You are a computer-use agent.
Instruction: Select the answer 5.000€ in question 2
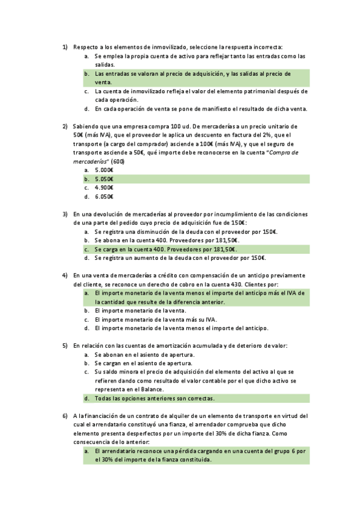[104, 170]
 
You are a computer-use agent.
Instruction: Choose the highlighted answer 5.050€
[104, 179]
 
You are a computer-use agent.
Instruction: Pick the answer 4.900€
[104, 188]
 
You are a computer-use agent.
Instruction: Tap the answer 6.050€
[104, 196]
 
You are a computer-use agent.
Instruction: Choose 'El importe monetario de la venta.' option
[140, 311]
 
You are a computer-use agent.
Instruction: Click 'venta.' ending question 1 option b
[103, 82]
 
